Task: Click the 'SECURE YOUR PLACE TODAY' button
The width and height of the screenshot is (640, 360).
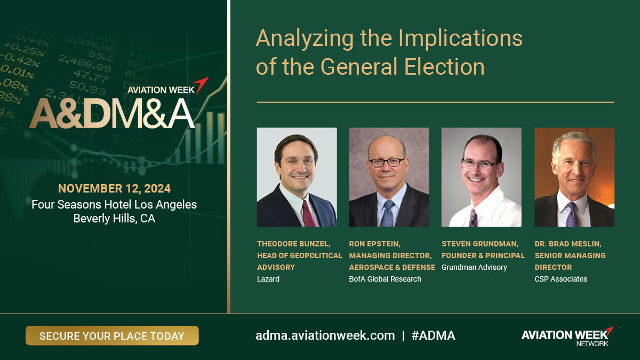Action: click(x=112, y=335)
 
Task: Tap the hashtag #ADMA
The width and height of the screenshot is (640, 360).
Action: click(x=433, y=335)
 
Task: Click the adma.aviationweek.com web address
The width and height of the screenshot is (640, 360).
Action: click(x=325, y=335)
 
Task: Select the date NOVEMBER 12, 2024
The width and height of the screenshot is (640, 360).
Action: click(x=114, y=189)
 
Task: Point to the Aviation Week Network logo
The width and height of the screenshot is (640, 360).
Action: click(x=567, y=337)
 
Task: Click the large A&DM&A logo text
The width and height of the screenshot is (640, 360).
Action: click(x=112, y=114)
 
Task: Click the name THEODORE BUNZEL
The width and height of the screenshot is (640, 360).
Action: click(x=293, y=244)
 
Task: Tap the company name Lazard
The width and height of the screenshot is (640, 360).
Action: click(x=268, y=279)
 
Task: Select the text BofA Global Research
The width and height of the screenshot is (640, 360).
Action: click(x=385, y=279)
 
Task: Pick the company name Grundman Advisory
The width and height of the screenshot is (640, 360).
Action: click(x=474, y=267)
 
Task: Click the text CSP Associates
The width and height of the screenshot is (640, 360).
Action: click(x=561, y=279)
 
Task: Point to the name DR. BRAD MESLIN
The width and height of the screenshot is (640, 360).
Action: click(x=567, y=244)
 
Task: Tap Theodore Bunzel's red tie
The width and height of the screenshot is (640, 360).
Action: click(x=309, y=214)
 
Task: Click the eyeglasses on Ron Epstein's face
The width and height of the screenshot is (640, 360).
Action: click(x=387, y=163)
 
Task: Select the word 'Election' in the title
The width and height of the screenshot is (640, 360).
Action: click(x=444, y=67)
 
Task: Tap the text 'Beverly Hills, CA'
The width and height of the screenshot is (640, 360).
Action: click(x=114, y=219)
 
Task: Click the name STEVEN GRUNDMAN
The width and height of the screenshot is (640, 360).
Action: click(x=479, y=244)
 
